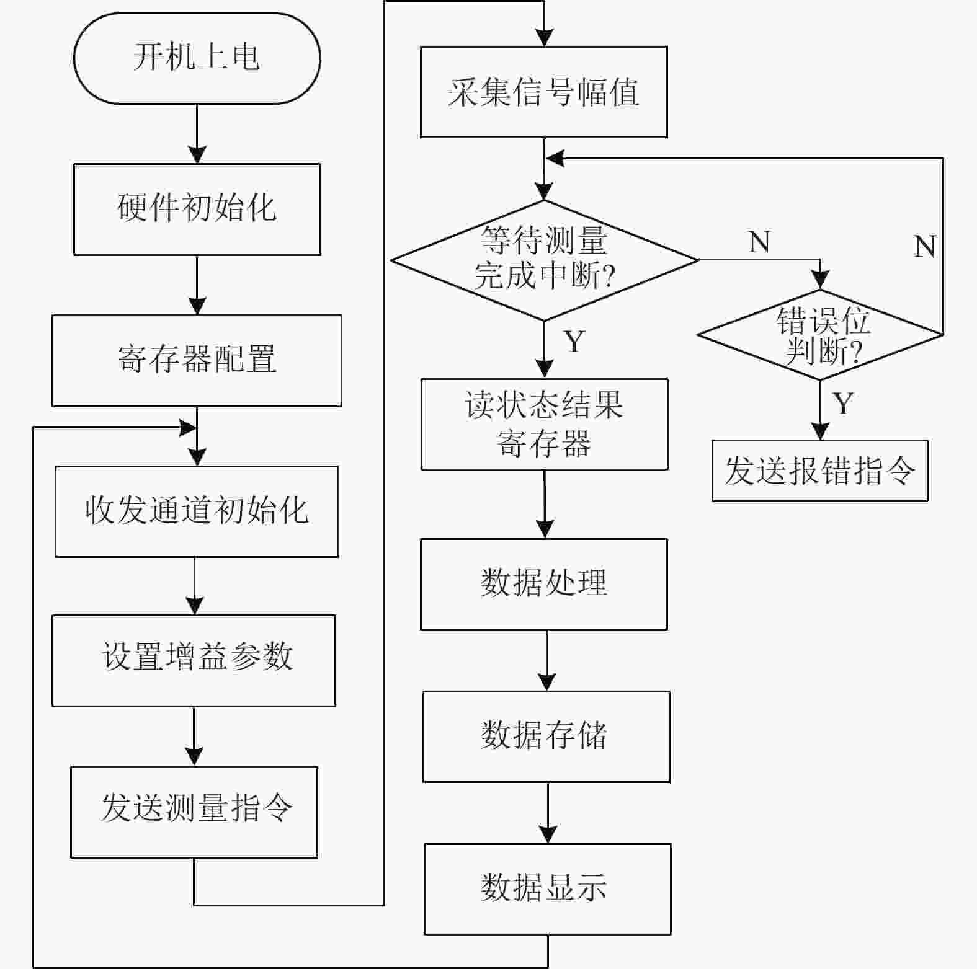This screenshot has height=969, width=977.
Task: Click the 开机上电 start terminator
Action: click(x=197, y=58)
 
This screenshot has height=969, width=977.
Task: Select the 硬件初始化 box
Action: click(x=197, y=209)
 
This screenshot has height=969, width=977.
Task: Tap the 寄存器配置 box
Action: click(x=197, y=360)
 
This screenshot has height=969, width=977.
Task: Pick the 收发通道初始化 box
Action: click(x=197, y=511)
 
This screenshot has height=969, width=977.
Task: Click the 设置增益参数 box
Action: click(x=194, y=660)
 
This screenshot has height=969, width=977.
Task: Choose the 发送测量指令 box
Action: click(x=194, y=812)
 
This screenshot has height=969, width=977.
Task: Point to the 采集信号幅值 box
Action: click(x=543, y=92)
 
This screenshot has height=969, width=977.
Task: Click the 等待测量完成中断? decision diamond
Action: click(x=544, y=260)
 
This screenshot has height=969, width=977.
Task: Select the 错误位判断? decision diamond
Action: click(x=820, y=335)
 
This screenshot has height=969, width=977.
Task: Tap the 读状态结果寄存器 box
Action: click(x=544, y=424)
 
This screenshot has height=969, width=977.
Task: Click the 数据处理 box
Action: click(x=543, y=584)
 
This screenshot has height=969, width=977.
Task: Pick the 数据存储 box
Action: click(x=546, y=736)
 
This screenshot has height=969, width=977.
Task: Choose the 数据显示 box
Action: click(x=547, y=888)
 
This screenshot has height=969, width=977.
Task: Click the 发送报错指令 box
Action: click(x=819, y=471)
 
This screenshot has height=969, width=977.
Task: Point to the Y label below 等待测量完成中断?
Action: click(x=574, y=342)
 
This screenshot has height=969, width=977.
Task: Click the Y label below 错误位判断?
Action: click(x=843, y=404)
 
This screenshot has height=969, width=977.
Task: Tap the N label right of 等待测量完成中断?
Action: click(x=759, y=242)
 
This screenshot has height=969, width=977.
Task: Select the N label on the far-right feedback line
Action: click(x=924, y=246)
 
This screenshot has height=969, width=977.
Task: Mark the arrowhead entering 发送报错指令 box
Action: click(x=820, y=431)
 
